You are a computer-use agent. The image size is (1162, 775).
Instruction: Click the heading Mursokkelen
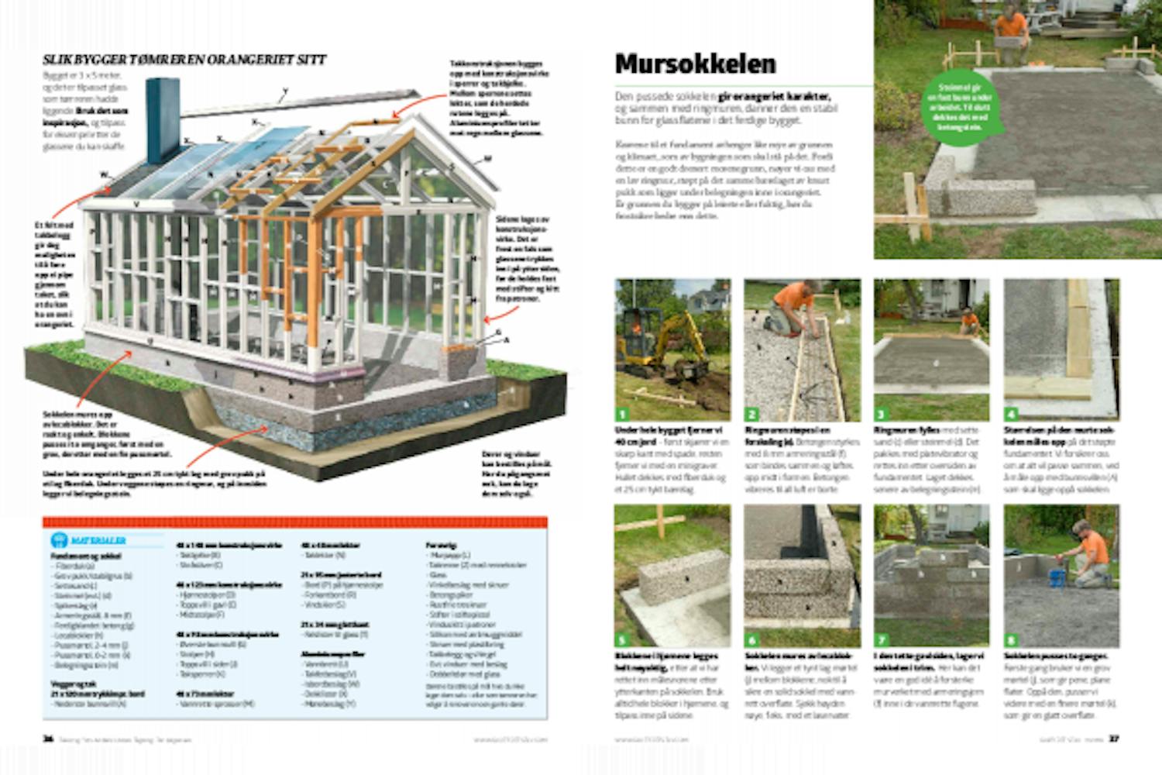pyautogui.click(x=695, y=64)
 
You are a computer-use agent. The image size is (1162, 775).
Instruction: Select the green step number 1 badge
pyautogui.click(x=622, y=414)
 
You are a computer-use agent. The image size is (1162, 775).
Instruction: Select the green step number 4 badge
pyautogui.click(x=1011, y=414)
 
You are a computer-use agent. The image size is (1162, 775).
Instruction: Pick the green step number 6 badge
pyautogui.click(x=751, y=640)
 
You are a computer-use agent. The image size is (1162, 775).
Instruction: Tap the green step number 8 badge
pyautogui.click(x=1011, y=640)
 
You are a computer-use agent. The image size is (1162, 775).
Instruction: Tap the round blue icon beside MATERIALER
pyautogui.click(x=58, y=540)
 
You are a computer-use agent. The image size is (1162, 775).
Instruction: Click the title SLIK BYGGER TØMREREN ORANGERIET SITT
pyautogui.click(x=184, y=60)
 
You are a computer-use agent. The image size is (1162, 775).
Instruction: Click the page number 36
pyautogui.click(x=47, y=739)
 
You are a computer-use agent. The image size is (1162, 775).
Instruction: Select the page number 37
pyautogui.click(x=1114, y=739)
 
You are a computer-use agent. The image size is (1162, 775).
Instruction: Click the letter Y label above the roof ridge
pyautogui.click(x=284, y=91)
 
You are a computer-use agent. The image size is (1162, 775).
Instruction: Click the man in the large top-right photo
pyautogui.click(x=1012, y=31)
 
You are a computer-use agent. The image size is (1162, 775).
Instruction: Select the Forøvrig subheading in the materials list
pyautogui.click(x=441, y=546)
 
